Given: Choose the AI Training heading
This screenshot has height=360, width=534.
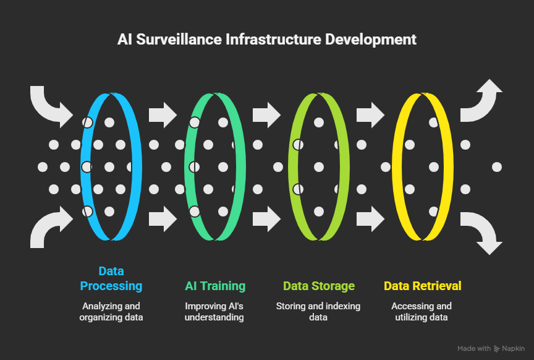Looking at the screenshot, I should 215,286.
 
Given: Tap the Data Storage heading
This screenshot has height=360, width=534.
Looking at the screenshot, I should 319,286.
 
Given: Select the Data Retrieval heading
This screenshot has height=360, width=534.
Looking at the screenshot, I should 423,286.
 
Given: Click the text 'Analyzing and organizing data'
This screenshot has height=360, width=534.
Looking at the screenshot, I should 111,312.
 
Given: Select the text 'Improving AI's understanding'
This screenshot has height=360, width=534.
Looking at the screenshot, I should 215,312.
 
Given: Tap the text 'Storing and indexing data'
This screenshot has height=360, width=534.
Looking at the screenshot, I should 319,312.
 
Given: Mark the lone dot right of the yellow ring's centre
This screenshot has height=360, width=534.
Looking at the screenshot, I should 496,167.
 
